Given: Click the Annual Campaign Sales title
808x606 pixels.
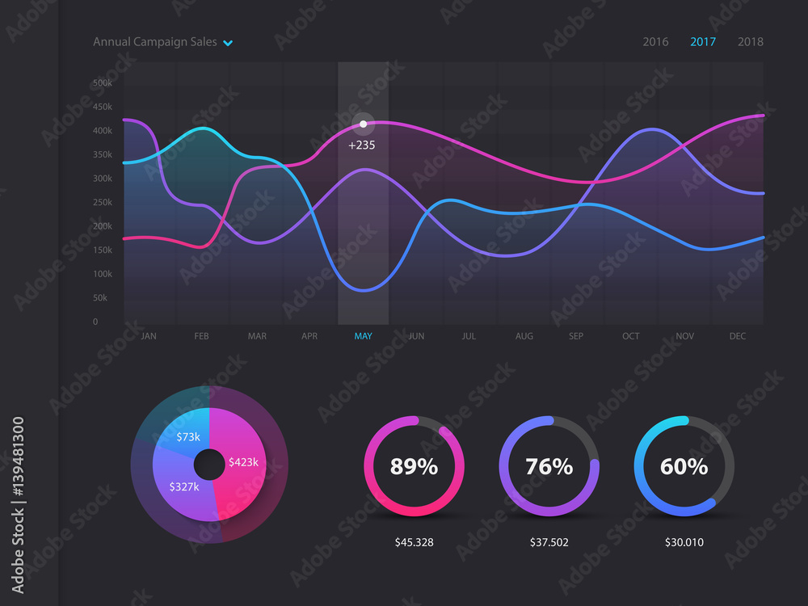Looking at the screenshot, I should click(154, 42).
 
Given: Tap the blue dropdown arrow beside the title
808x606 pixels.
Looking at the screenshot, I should click(228, 43).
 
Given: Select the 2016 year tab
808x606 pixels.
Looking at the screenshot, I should click(655, 42).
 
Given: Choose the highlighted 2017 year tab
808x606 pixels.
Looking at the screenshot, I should click(703, 42).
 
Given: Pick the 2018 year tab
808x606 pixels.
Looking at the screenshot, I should click(750, 42).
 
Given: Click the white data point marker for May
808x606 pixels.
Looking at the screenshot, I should click(363, 124).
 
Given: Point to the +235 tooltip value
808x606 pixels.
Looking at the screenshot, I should click(361, 145).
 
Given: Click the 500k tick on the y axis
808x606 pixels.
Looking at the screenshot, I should click(103, 83).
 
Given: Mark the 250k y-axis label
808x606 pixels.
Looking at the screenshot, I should click(103, 203).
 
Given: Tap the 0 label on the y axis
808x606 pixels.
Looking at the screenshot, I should click(95, 322).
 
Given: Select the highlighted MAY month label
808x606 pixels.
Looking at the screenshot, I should click(363, 336).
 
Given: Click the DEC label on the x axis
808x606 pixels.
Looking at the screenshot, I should click(737, 336).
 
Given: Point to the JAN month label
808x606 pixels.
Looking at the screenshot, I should click(149, 336).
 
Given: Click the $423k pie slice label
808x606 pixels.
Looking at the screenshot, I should click(243, 462).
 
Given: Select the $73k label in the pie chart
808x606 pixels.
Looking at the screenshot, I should click(188, 437).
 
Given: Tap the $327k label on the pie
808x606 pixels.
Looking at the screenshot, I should click(183, 487).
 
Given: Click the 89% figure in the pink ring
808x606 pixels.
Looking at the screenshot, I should click(414, 467).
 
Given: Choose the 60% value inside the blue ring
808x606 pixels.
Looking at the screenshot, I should click(684, 467).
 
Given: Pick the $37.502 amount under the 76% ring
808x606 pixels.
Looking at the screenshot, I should click(549, 542).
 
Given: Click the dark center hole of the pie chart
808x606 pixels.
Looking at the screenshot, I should click(209, 465).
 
